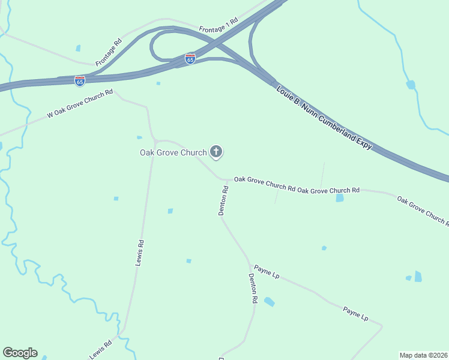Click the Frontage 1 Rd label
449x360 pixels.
coord(219,24)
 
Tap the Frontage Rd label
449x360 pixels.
coord(109,52)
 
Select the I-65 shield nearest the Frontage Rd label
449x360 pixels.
coord(80,80)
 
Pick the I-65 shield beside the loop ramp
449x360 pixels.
coord(190,59)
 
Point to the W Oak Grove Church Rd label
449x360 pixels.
coord(80,104)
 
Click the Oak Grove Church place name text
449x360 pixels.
coord(173,152)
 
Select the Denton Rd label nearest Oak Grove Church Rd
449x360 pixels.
coord(223,200)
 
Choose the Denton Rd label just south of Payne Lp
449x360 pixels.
coord(253,288)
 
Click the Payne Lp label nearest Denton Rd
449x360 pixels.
coord(267,271)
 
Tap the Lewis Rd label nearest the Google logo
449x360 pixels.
coord(101,350)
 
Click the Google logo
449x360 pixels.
coord(20,353)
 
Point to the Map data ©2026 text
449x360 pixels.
coord(423,355)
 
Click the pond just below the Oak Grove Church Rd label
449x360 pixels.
coord(340,197)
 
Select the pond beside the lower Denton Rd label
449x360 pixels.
coord(269,302)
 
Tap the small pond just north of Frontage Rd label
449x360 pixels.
coord(78,48)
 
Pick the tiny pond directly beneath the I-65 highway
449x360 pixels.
coord(158,83)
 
